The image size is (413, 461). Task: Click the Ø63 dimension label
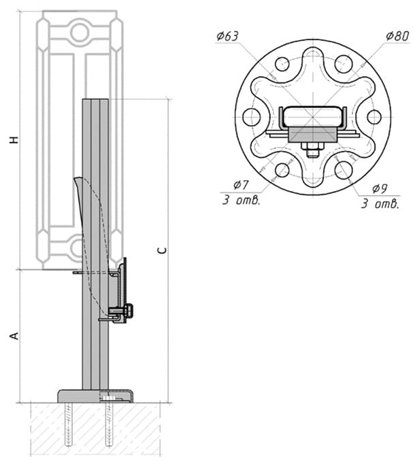click(227, 36)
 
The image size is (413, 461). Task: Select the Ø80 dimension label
click(397, 36)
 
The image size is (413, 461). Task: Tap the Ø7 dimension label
click(241, 185)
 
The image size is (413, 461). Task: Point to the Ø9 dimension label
click(380, 188)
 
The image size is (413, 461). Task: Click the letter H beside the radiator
click(14, 139)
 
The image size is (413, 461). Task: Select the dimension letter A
click(14, 336)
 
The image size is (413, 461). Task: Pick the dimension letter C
click(162, 250)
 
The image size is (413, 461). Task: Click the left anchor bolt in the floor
click(68, 424)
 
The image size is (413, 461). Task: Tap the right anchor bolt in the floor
click(109, 424)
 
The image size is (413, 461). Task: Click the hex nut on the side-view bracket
click(129, 311)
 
